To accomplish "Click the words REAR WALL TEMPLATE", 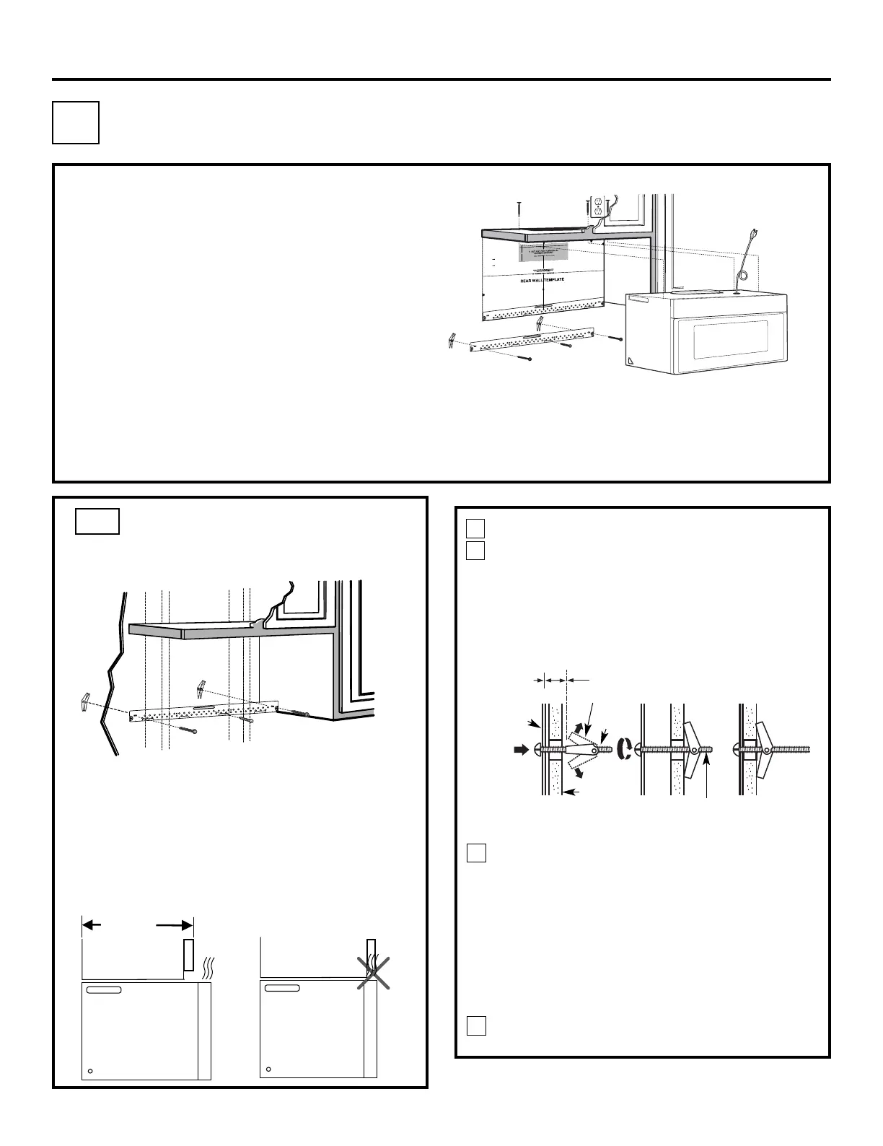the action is point(542,280).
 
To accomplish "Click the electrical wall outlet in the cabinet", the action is point(597,207).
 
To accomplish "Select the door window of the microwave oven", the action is point(730,340).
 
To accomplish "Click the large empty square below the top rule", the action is point(76,123).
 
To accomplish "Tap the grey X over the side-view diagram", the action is point(374,972).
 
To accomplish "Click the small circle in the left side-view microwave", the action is point(89,1071).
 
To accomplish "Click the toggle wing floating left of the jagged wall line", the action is point(84,700).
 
